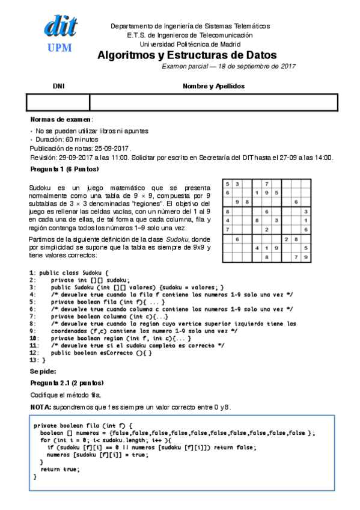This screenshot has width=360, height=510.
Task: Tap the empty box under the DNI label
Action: (x=58, y=102)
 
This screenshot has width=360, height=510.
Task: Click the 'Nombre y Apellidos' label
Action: (x=213, y=87)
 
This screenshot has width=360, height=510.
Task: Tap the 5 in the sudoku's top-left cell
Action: (x=227, y=183)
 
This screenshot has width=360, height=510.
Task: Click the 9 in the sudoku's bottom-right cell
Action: (x=306, y=257)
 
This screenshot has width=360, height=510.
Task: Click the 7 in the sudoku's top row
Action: (x=266, y=183)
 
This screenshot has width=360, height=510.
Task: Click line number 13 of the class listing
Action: (x=33, y=360)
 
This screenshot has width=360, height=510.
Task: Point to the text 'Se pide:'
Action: (x=43, y=372)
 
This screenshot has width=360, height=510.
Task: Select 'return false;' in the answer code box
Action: (x=238, y=447)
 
